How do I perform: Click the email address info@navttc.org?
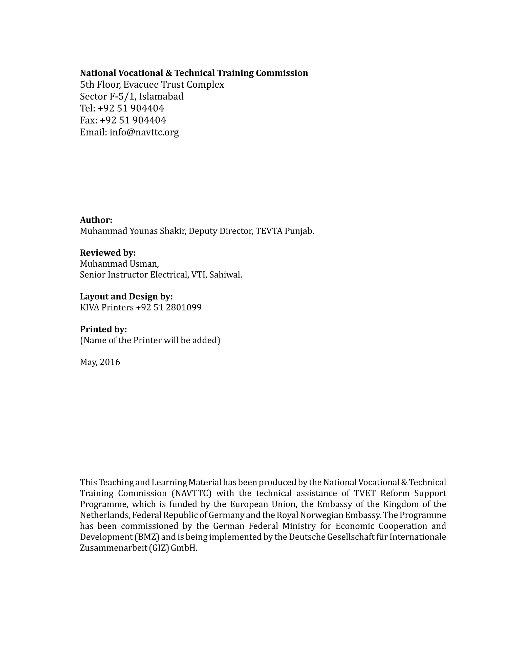(x=144, y=132)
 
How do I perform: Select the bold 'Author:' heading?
(x=96, y=220)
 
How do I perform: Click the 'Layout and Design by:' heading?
(x=126, y=296)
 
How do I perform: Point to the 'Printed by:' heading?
(x=103, y=329)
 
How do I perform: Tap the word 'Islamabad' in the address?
(x=161, y=96)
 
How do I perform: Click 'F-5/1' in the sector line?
(x=122, y=96)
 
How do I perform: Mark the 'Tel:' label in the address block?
(x=88, y=108)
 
